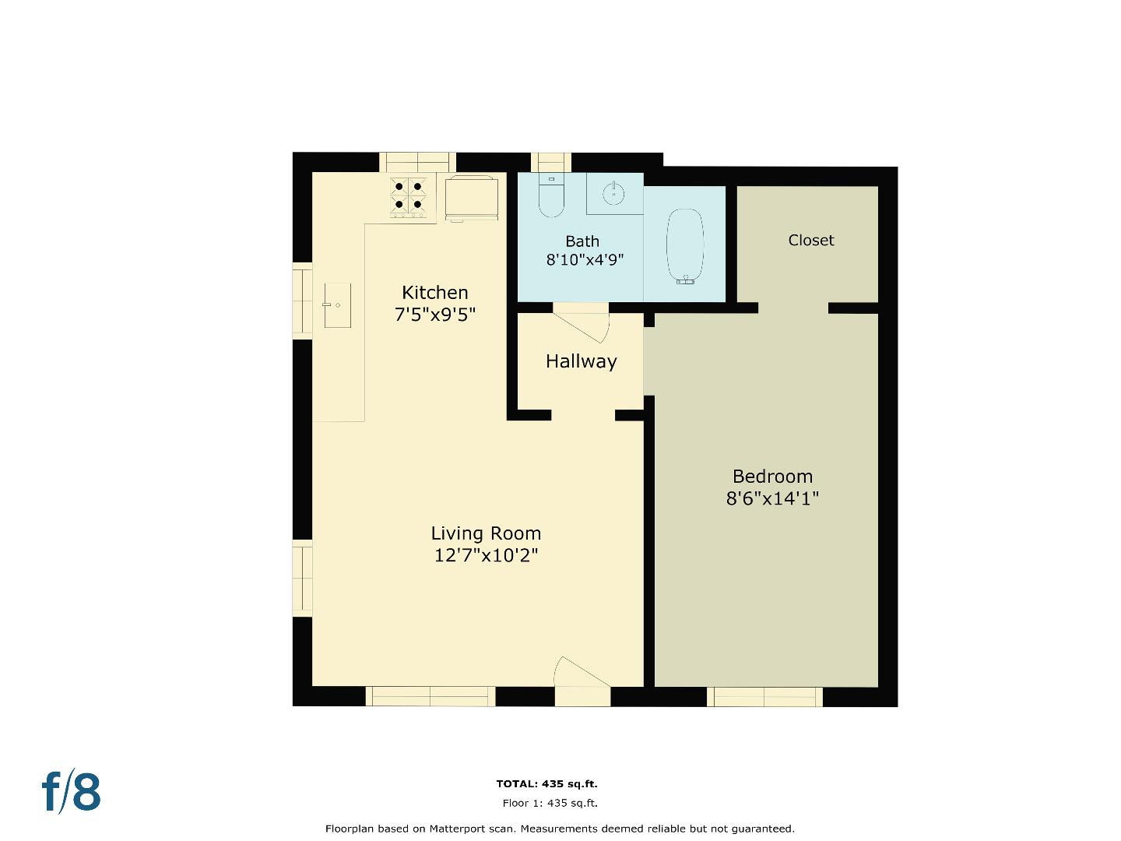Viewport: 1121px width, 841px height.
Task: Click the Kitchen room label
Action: [434, 293]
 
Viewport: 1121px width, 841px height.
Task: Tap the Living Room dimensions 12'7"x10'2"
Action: [486, 556]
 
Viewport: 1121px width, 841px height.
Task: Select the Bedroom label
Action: [772, 477]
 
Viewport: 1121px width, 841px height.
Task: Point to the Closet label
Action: [810, 241]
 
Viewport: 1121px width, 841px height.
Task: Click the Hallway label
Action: [581, 361]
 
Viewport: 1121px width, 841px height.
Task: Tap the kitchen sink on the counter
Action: [337, 305]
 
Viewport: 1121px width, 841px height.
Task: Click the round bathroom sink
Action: [613, 192]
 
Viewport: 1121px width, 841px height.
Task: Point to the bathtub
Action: [686, 246]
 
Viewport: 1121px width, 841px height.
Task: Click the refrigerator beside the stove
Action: [472, 198]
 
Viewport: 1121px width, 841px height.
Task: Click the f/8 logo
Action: [72, 792]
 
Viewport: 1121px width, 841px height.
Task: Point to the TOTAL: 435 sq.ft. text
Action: [546, 784]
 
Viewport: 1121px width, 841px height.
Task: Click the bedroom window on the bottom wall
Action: [764, 697]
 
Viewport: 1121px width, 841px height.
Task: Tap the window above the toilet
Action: [550, 162]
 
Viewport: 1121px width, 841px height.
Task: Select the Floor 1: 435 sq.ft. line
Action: [550, 804]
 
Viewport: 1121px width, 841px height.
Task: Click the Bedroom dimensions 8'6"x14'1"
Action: [772, 499]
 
